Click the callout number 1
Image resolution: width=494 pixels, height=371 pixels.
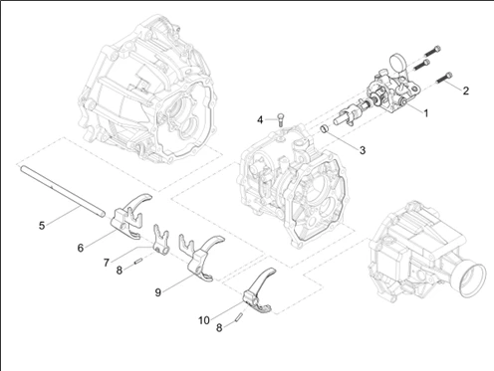coord(425,113)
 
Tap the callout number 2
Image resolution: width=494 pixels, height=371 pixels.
coord(465,91)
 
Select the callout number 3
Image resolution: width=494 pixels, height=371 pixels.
coord(363,150)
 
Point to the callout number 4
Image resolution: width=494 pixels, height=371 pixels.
coord(260,120)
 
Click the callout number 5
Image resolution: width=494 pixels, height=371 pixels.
coord(42,226)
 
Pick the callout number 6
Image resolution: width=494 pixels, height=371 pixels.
coord(81,248)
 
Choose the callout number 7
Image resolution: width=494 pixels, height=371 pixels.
coord(107,263)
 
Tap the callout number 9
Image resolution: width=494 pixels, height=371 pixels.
coord(158,292)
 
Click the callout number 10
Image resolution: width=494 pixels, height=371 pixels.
coord(204,320)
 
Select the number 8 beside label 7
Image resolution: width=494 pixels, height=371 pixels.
coord(120,271)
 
